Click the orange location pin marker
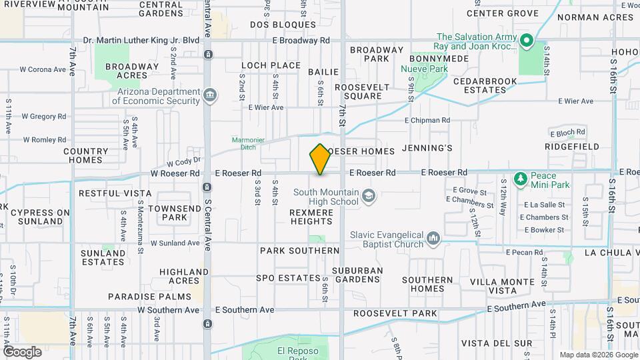coord(320,159)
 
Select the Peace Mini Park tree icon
coord(521,179)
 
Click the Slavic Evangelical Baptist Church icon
coord(433,239)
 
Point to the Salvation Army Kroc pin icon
coord(526,41)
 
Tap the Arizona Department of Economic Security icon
coord(210,95)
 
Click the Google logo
coord(22,351)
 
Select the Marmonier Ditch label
coord(248,143)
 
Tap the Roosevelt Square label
coord(358,91)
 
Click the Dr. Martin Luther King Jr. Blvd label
coord(147,40)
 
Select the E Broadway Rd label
coord(301,40)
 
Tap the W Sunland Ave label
coord(175,243)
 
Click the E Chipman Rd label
coord(427,121)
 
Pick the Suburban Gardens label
coord(357,275)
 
